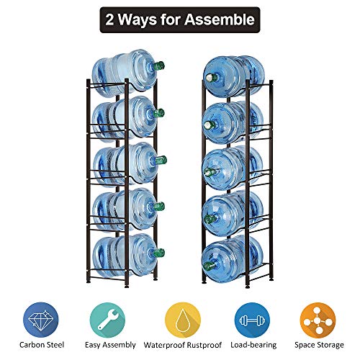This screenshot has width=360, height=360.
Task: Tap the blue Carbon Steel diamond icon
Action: pyautogui.click(x=39, y=316)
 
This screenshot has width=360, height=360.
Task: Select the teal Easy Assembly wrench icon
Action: pyautogui.click(x=109, y=316)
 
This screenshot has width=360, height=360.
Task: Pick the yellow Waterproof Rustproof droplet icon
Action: pyautogui.click(x=180, y=316)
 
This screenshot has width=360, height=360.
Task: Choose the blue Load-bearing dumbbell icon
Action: pyautogui.click(x=251, y=316)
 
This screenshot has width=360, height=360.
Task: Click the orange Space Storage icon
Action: pyautogui.click(x=321, y=316)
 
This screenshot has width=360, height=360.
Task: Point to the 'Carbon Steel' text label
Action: pyautogui.click(x=39, y=346)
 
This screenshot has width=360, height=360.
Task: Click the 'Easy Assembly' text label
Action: pyautogui.click(x=109, y=346)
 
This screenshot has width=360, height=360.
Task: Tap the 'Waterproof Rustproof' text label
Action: pyautogui.click(x=180, y=346)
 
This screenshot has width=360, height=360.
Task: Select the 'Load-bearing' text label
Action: pyautogui.click(x=251, y=346)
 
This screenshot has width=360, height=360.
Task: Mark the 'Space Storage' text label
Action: pyautogui.click(x=321, y=346)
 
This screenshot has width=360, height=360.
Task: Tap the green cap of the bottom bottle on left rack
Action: pyautogui.click(x=160, y=252)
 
